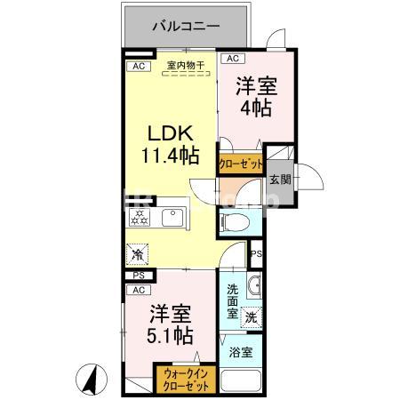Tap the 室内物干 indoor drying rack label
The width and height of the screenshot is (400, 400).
[x=185, y=66]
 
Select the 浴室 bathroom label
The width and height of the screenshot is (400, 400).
[x=241, y=352]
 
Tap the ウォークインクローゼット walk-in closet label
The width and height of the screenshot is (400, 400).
[x=184, y=381]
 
